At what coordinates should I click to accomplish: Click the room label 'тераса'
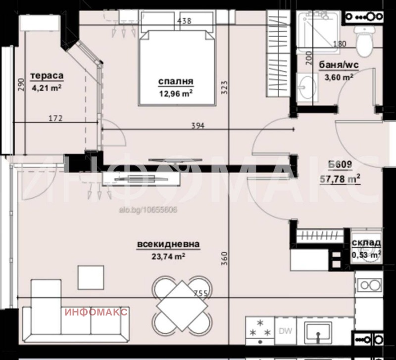click(x=47, y=76)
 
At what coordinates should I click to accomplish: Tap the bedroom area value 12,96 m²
click(x=176, y=93)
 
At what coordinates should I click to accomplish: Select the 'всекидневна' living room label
click(x=168, y=244)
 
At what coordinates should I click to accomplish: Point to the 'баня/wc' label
click(x=339, y=65)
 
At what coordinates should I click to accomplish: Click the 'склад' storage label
click(x=366, y=243)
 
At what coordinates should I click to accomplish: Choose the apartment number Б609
click(x=340, y=165)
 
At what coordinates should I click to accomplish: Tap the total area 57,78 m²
click(x=340, y=179)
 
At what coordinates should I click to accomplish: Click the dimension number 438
click(x=184, y=21)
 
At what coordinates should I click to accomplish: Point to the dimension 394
click(x=198, y=126)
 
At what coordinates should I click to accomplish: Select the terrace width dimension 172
click(x=55, y=118)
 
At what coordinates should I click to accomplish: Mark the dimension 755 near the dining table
click(x=201, y=293)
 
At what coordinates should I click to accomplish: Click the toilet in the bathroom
click(x=364, y=41)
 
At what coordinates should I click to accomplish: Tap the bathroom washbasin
click(x=306, y=88)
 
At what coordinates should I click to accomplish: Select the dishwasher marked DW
click(x=286, y=331)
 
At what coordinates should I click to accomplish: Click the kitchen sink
click(x=318, y=331)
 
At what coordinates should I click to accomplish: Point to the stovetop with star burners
click(x=260, y=331)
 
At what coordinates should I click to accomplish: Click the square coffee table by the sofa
click(x=91, y=277)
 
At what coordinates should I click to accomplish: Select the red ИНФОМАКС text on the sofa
click(x=96, y=312)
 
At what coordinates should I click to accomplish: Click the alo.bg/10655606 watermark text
click(x=148, y=210)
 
